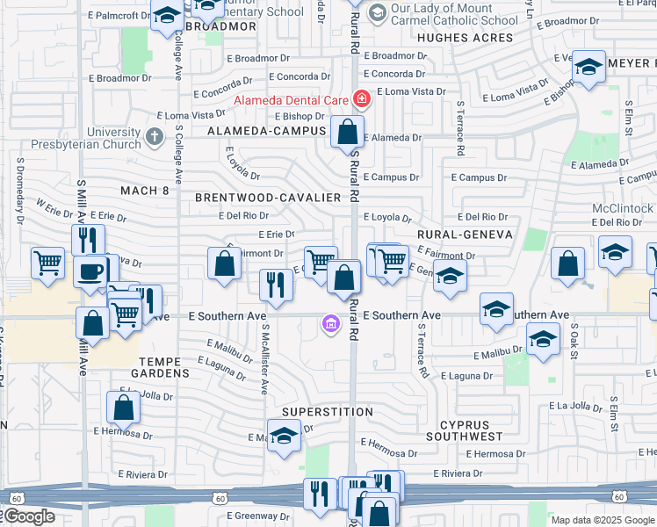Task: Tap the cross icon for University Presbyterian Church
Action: (155, 136)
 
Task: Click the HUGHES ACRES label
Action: (465, 38)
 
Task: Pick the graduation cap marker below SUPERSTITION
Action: (284, 437)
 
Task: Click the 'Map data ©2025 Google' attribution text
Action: (603, 520)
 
